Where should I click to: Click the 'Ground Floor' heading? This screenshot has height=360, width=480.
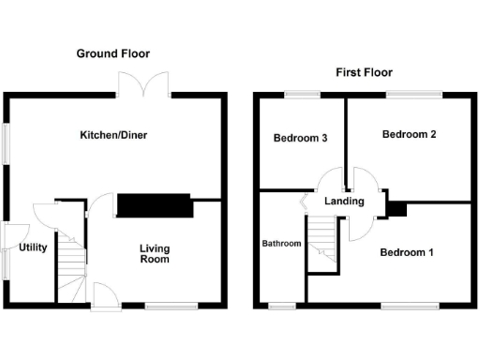point(112,53)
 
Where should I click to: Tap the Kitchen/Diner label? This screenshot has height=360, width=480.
point(113,135)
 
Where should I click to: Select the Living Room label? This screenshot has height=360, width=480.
point(155,254)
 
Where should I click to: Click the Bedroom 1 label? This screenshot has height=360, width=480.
point(407,252)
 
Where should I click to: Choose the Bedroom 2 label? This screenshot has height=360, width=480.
point(410,135)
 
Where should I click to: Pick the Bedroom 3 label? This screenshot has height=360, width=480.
point(300,139)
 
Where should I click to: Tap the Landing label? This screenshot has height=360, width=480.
point(343,202)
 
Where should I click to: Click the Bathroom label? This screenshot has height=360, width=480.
point(281,244)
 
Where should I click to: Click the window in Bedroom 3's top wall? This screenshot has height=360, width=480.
point(302,93)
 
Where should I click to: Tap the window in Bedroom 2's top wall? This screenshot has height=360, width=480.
point(413,93)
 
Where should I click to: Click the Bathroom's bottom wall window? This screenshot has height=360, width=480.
point(281,306)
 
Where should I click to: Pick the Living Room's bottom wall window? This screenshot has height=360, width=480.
point(172,306)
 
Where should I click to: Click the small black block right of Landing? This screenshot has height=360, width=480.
point(397,209)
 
